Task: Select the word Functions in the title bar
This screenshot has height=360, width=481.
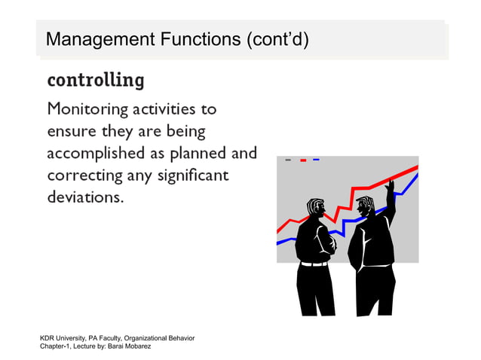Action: pyautogui.click(x=195, y=38)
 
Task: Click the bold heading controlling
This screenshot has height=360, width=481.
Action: pyautogui.click(x=95, y=79)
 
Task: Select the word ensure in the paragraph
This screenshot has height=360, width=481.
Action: pyautogui.click(x=71, y=132)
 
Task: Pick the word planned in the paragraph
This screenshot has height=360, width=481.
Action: pyautogui.click(x=199, y=154)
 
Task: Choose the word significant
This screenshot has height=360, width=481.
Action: pyautogui.click(x=187, y=177)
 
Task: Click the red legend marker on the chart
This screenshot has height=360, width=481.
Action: pyautogui.click(x=302, y=160)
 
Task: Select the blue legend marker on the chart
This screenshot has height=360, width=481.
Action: pyautogui.click(x=316, y=160)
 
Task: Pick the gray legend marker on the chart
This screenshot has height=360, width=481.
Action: pyautogui.click(x=288, y=160)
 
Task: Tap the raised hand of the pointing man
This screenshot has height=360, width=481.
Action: pyautogui.click(x=390, y=185)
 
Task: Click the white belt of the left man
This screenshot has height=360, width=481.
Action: pyautogui.click(x=314, y=264)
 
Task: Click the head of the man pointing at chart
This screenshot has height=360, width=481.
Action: pyautogui.click(x=366, y=206)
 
